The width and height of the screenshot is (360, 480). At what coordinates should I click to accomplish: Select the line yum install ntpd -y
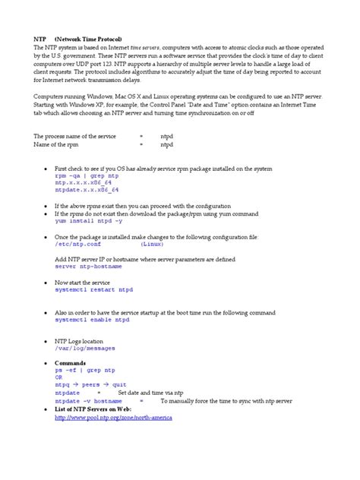[89, 223]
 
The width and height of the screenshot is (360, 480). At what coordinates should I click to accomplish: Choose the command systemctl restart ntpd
[94, 290]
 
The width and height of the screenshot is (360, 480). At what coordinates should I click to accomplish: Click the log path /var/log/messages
[85, 349]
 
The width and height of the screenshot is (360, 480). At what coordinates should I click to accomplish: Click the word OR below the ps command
[59, 377]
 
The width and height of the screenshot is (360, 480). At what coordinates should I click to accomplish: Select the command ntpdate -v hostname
[88, 400]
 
